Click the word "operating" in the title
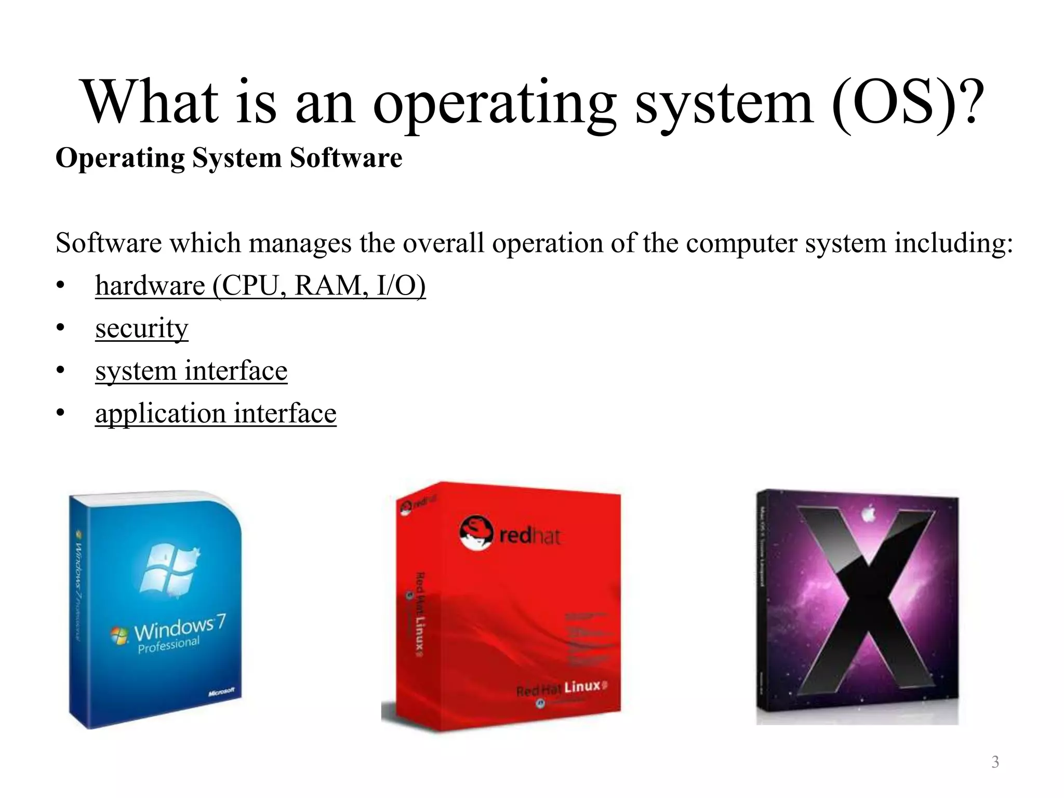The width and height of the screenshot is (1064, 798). coord(494,104)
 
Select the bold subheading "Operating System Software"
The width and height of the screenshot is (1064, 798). coord(229,158)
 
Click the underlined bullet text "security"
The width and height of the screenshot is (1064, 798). coord(141,328)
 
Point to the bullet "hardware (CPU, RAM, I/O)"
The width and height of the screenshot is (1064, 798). coord(260,286)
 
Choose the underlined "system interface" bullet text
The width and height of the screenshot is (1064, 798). coord(191,371)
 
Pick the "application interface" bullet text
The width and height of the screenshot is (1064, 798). coord(216,414)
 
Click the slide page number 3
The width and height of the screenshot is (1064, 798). coord(995,762)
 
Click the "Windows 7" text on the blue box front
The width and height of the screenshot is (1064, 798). coord(179,628)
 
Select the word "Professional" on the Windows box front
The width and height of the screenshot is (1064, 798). coord(168,645)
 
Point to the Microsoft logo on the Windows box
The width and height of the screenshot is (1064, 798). coord(221,693)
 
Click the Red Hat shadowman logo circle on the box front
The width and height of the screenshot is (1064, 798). coord(475,533)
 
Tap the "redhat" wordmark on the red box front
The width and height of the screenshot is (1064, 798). coord(530,535)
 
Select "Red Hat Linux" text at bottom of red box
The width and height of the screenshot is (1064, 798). coord(561,688)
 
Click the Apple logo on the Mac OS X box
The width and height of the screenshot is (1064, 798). coord(867,514)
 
